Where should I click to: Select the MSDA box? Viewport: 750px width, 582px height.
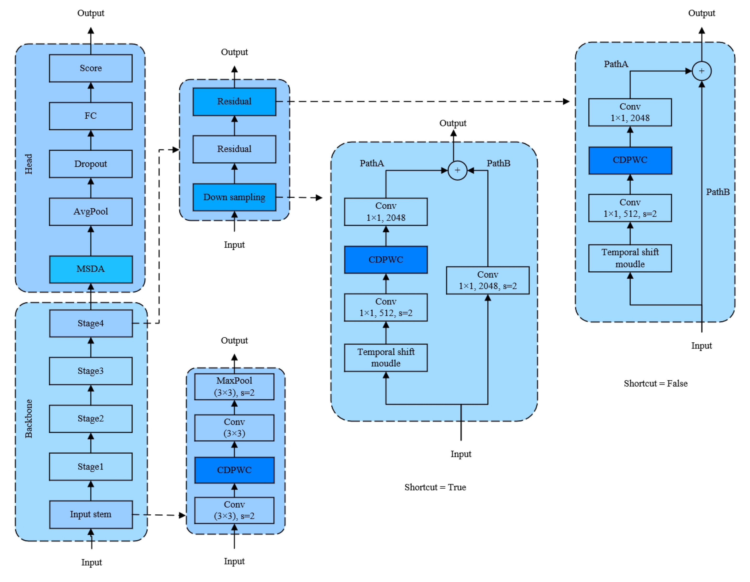(x=91, y=269)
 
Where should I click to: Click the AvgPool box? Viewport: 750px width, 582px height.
(x=91, y=211)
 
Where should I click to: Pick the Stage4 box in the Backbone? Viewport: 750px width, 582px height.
(x=91, y=323)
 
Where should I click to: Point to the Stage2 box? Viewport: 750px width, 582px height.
(x=91, y=418)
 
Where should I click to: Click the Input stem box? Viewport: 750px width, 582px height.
(x=91, y=514)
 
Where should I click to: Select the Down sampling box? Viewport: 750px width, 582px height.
(x=234, y=197)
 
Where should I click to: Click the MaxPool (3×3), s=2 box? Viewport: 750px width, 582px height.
(x=234, y=386)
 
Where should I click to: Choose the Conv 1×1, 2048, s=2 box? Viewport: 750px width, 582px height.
(x=487, y=280)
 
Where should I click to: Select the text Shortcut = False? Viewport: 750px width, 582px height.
(x=655, y=383)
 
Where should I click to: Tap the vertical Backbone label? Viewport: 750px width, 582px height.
(x=29, y=418)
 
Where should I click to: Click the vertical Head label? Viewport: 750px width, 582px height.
(x=29, y=164)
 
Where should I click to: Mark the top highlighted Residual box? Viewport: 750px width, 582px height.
(x=234, y=102)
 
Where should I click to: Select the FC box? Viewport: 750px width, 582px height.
(x=91, y=116)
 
